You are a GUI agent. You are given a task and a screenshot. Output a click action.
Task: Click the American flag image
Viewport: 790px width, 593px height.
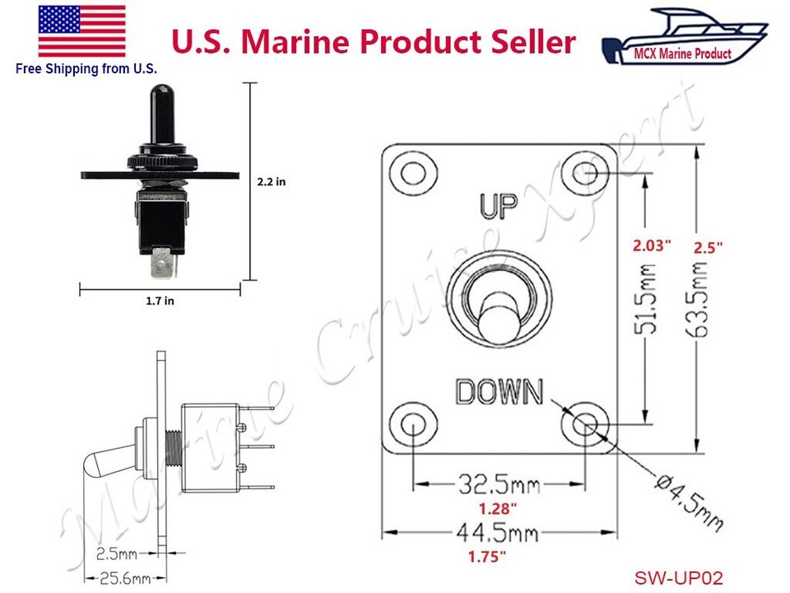(x=82, y=30)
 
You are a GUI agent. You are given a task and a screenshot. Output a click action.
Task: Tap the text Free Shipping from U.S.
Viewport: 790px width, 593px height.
(x=86, y=68)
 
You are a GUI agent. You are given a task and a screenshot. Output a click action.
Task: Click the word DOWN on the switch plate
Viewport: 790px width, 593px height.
(x=500, y=392)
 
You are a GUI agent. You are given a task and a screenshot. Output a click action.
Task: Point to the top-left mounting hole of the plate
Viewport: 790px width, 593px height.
(x=411, y=172)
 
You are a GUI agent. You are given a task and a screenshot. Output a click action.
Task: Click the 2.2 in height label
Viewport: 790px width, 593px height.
(x=270, y=181)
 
